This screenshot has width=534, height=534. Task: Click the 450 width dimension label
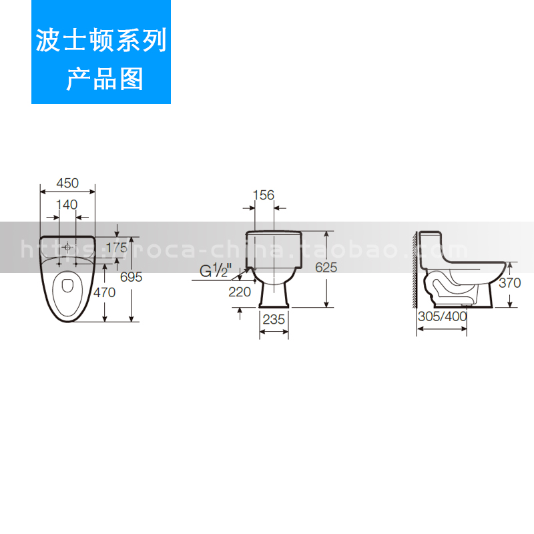(67, 183)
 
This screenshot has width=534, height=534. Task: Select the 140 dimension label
(67, 204)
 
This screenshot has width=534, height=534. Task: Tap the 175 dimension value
(116, 247)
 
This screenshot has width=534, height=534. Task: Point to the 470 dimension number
(104, 292)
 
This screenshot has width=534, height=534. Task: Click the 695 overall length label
(131, 277)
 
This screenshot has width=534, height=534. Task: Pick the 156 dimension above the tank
(264, 195)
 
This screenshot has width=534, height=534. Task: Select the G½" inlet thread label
(215, 271)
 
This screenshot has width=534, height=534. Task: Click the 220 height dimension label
(239, 292)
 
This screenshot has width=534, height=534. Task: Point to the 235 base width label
(274, 319)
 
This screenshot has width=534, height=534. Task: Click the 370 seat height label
(509, 282)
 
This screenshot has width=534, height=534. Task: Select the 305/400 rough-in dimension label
(442, 316)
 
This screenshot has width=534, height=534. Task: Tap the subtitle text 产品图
(104, 79)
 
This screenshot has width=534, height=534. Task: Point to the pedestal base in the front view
(274, 294)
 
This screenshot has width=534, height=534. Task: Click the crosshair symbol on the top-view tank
(67, 247)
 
